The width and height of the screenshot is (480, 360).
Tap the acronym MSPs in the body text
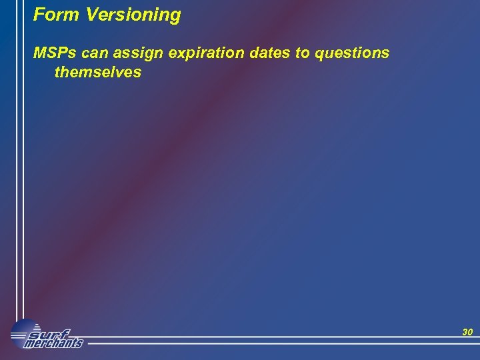55,53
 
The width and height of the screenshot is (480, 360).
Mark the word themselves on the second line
98,72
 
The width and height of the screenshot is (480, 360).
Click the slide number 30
467,332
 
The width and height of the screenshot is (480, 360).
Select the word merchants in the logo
53,343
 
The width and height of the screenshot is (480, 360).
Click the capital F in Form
39,15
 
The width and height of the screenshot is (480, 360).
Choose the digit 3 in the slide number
464,332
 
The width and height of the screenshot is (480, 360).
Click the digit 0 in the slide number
469,332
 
